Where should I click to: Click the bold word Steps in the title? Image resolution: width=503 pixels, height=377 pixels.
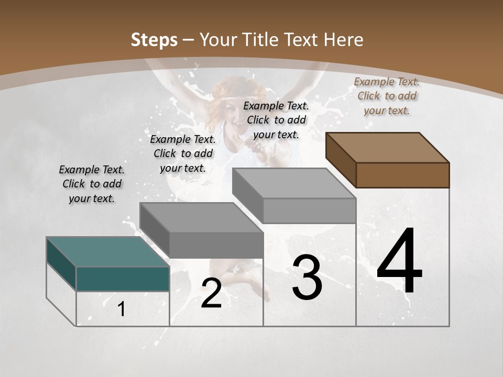coord(154,40)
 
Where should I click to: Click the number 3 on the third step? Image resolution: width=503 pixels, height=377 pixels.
coord(307,278)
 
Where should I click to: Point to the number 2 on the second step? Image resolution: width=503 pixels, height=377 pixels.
coord(211,293)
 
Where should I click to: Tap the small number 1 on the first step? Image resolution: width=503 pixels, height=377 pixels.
coord(122,309)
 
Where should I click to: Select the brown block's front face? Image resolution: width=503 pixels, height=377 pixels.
coord(402,175)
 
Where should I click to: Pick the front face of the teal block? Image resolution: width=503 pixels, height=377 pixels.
coord(123,279)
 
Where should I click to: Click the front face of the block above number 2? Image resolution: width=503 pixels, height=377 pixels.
coord(216,245)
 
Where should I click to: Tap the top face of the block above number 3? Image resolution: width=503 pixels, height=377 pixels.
coord(294,183)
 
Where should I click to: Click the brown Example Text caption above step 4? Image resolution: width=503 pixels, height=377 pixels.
coord(387,96)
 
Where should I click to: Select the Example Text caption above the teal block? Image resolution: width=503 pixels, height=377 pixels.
coord(92,184)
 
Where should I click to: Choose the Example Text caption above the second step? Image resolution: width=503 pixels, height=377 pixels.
coord(183,153)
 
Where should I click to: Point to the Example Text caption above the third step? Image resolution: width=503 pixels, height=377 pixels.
coord(276,120)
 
